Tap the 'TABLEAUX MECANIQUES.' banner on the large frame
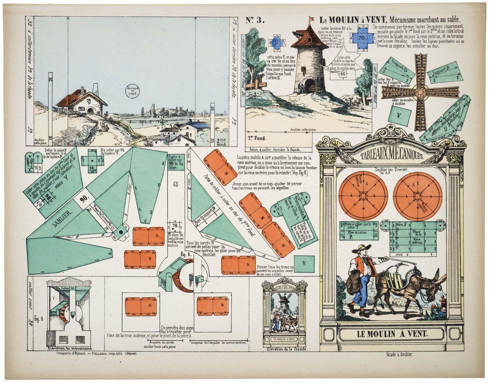pos(392,156)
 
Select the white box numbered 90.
pos(84,199)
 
